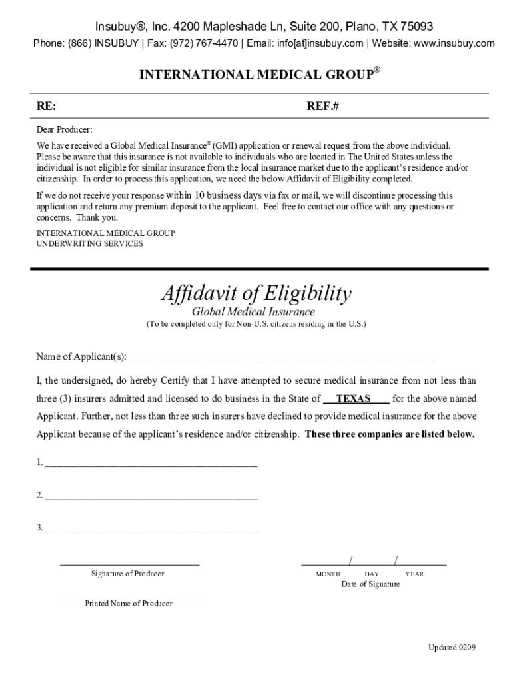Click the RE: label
(x=46, y=106)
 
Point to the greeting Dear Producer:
(x=65, y=129)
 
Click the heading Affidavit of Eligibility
(x=256, y=293)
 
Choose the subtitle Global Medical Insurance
(x=253, y=312)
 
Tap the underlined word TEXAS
(x=354, y=399)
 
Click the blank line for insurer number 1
(x=151, y=462)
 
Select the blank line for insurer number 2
(x=151, y=496)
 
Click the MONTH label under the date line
(x=328, y=574)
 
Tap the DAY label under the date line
(x=372, y=574)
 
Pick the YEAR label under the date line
(x=414, y=574)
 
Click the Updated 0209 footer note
(x=452, y=648)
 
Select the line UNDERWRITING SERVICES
(x=89, y=243)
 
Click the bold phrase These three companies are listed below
(x=390, y=434)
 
